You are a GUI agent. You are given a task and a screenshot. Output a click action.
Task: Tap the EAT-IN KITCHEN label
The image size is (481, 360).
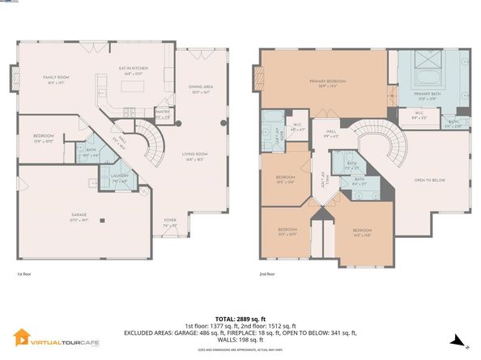click(132, 70)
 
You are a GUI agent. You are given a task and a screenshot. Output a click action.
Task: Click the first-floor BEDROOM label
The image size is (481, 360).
click(43, 138)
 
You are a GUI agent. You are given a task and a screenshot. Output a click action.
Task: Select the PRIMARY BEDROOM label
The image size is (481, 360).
click(322, 82)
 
